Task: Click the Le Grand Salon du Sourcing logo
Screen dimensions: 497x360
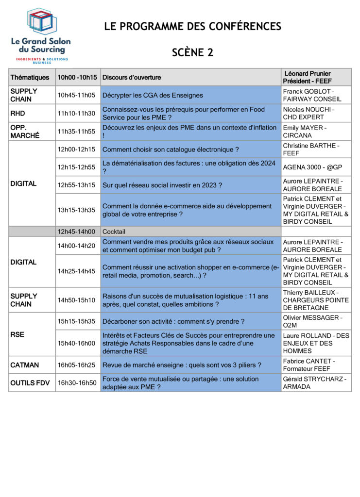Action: tap(41, 35)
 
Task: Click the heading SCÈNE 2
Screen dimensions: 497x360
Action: tap(192, 53)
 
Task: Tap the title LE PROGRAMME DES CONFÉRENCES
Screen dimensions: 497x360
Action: tap(192, 27)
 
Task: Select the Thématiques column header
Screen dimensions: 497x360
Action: tap(30, 77)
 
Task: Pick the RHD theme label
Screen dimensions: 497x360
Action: tap(17, 113)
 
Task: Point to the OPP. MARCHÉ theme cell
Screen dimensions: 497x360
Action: tap(25, 132)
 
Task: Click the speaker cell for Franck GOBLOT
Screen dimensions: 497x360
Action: tap(312, 95)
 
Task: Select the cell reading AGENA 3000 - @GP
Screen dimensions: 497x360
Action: tap(312, 167)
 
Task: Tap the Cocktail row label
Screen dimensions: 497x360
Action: tap(114, 232)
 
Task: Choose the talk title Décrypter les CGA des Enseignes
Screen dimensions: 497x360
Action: tap(153, 95)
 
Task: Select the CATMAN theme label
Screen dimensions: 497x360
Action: tap(25, 365)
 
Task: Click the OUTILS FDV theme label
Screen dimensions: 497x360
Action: tap(30, 383)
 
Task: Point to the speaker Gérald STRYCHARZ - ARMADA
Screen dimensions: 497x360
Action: tap(314, 383)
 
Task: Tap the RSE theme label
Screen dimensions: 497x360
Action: tap(17, 334)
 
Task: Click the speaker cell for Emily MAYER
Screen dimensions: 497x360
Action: tap(305, 132)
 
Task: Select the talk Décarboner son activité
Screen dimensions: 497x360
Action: tap(173, 321)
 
